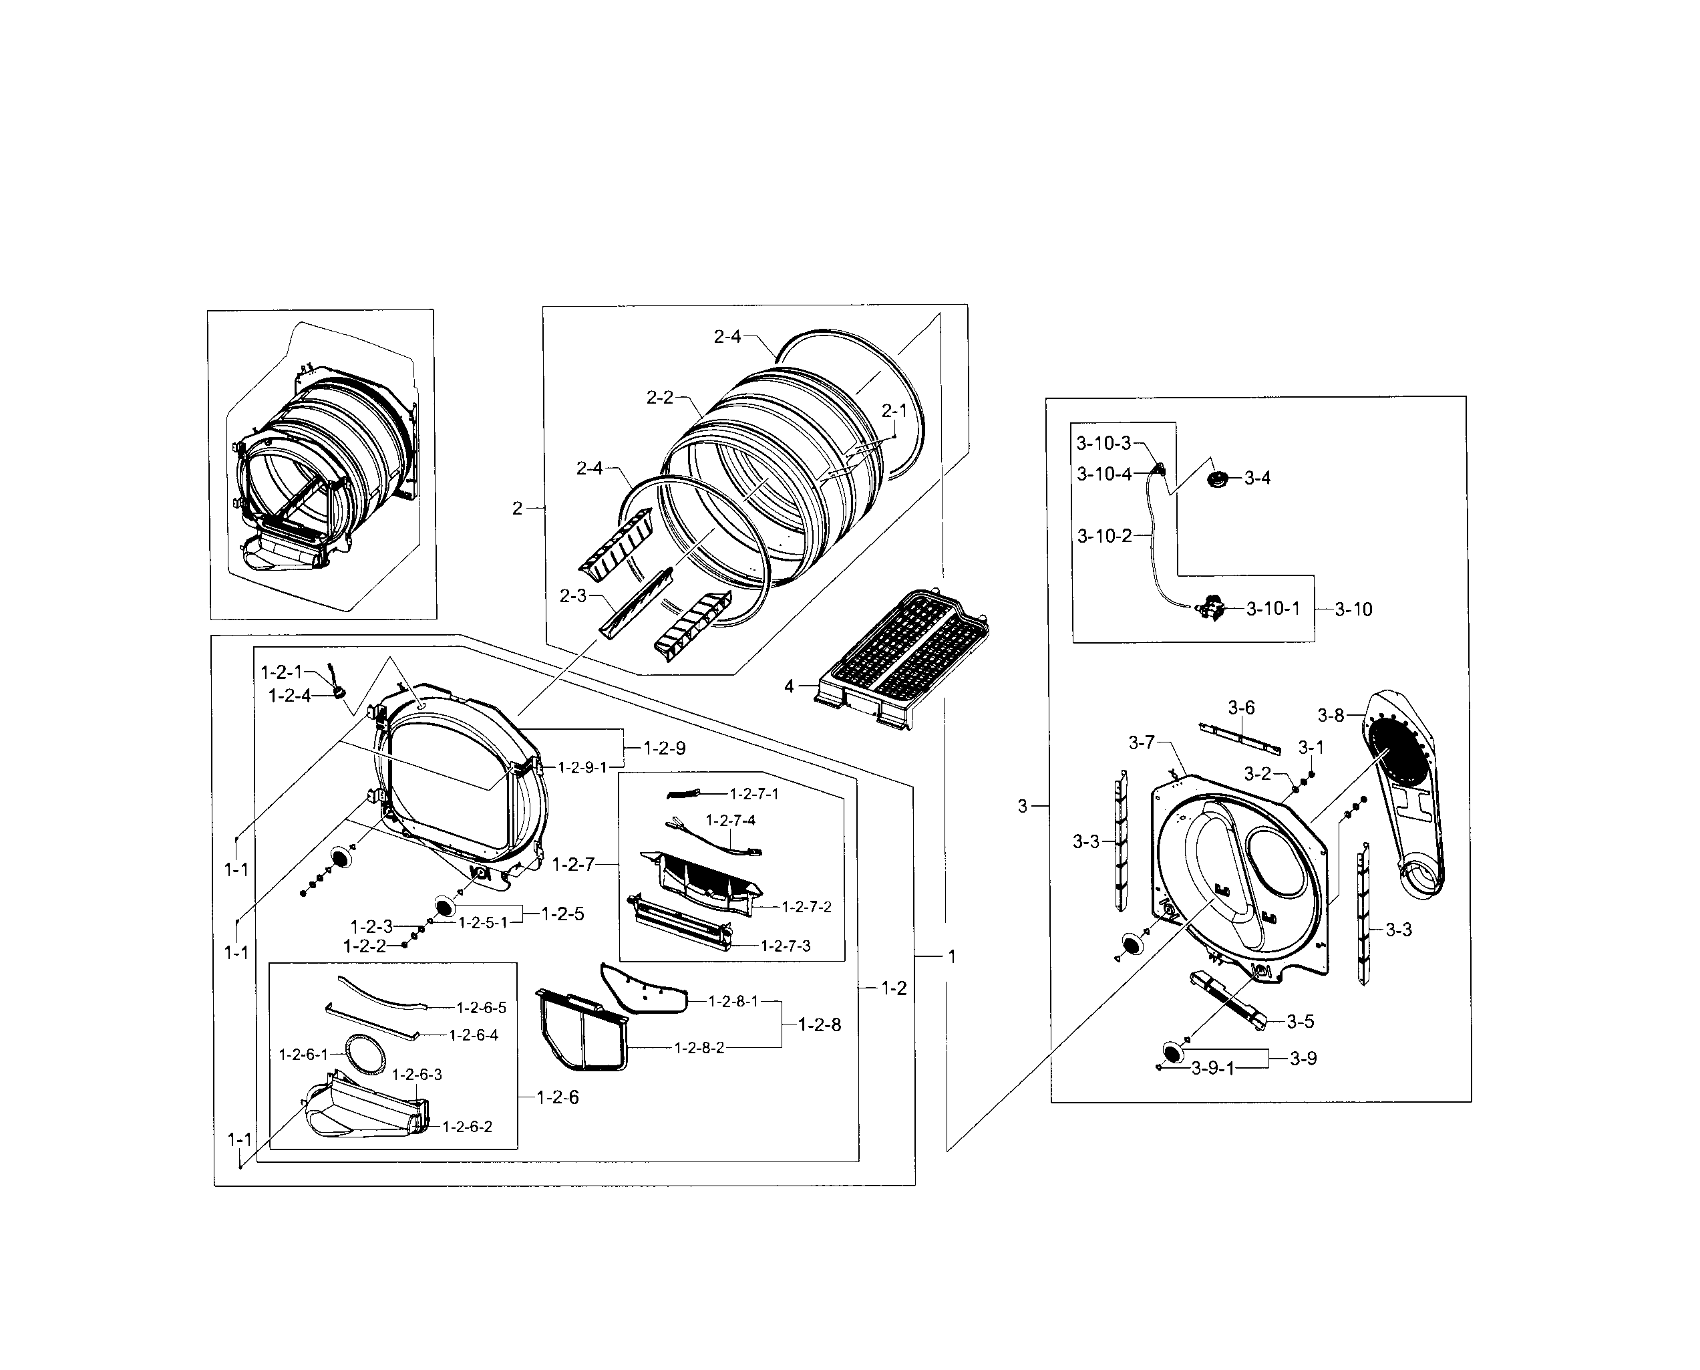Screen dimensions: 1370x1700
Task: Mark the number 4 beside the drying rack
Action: pos(789,686)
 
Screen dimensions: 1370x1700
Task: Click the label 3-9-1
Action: pos(1212,1069)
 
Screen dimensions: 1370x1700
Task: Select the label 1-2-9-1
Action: pos(582,767)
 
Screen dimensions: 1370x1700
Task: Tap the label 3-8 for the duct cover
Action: pos(1331,715)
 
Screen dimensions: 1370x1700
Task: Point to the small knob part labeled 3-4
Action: pos(1220,478)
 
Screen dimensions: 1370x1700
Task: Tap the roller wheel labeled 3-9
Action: pos(1174,1052)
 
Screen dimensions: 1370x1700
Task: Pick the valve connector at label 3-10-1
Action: pos(1210,610)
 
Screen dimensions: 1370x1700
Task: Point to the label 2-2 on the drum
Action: pos(659,398)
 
